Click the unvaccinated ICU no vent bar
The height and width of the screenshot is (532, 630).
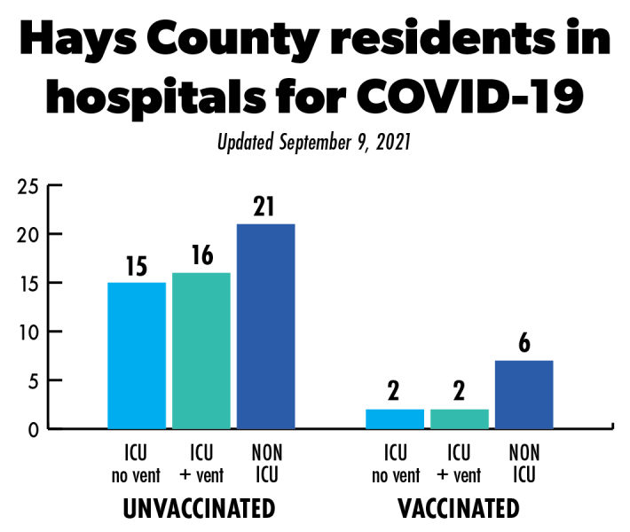[x=137, y=355]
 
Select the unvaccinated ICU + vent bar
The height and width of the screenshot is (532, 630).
[x=201, y=350]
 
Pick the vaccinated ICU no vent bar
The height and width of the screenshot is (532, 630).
[x=395, y=419]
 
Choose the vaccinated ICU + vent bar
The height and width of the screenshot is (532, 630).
[x=459, y=419]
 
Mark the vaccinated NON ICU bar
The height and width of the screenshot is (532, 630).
[x=524, y=395]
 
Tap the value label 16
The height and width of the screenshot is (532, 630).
[x=201, y=254]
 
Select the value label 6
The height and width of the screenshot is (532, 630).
[x=524, y=343]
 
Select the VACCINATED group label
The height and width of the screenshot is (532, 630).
[x=459, y=509]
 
